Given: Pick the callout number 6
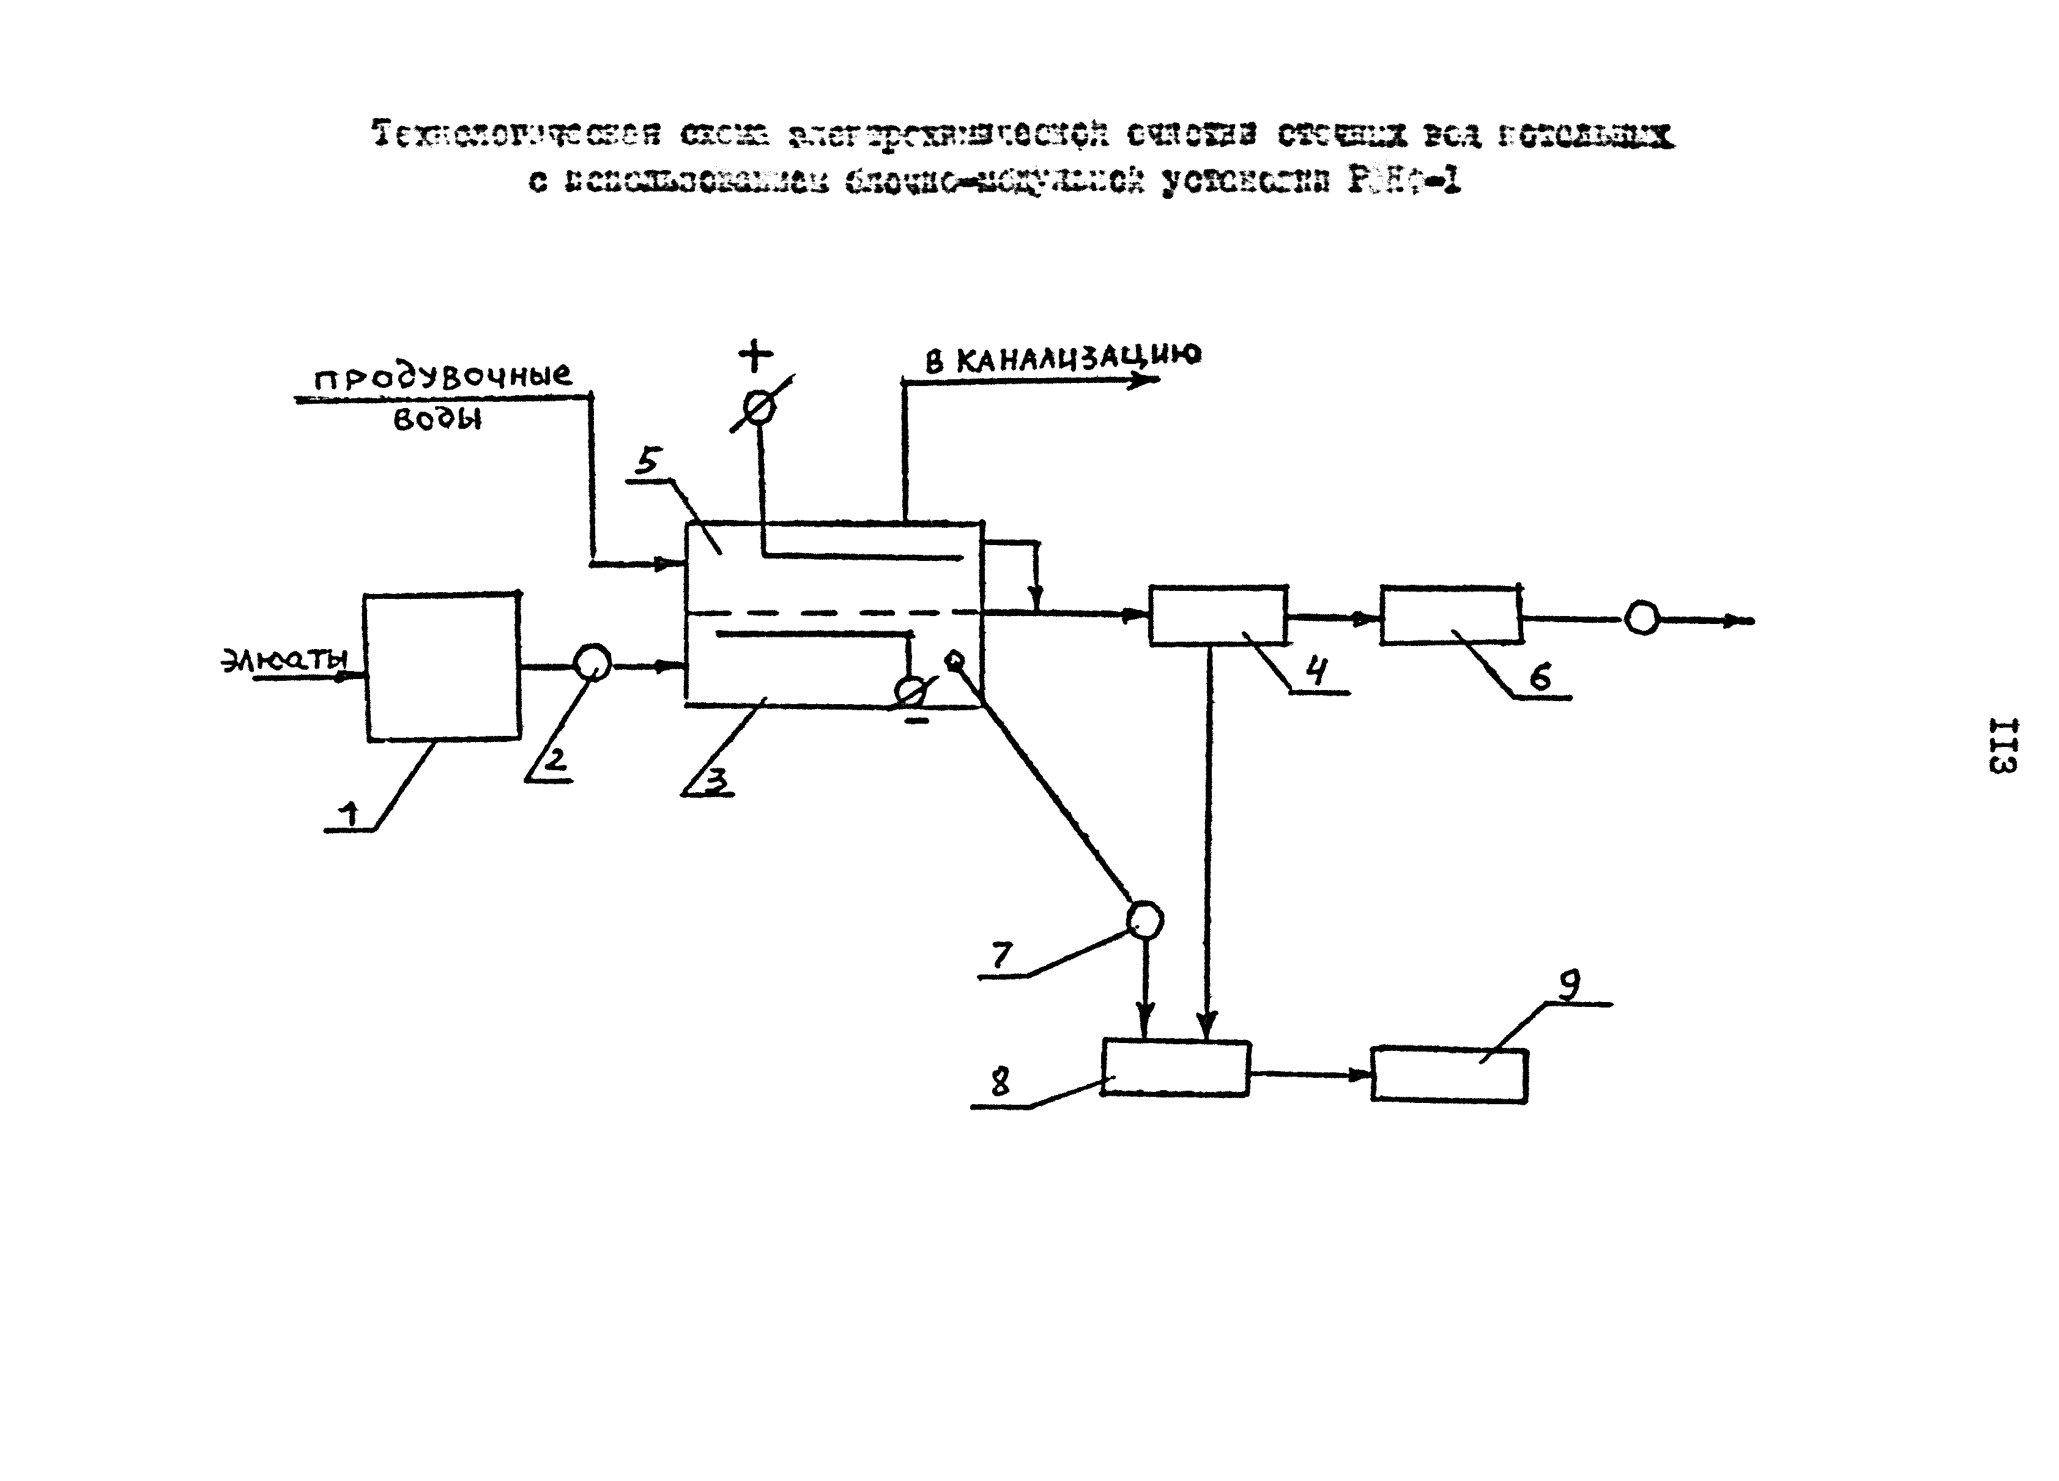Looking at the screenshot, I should point(1540,677).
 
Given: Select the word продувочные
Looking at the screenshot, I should point(443,376).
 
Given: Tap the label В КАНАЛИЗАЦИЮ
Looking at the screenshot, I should point(1062,358).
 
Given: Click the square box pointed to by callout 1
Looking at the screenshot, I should point(442,667).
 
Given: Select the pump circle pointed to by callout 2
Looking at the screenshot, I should point(593,662).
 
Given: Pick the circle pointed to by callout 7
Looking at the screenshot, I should point(1144,920).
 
